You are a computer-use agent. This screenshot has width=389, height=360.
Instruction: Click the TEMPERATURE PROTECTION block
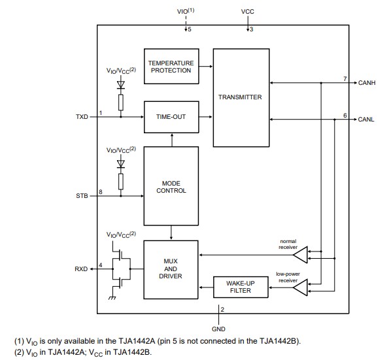click(x=171, y=67)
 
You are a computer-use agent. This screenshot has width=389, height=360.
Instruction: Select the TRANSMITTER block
click(x=240, y=97)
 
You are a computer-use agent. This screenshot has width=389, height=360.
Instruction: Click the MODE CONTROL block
click(x=171, y=186)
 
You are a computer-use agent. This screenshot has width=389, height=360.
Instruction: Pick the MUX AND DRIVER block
click(x=171, y=268)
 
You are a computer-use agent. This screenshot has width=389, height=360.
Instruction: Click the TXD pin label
click(x=82, y=117)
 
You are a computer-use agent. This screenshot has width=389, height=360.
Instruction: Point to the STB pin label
click(x=82, y=195)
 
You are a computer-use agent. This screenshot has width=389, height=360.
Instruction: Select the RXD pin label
click(x=82, y=269)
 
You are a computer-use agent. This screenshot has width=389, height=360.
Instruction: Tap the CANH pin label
click(x=366, y=83)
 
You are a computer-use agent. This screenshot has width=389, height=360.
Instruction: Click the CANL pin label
click(x=365, y=120)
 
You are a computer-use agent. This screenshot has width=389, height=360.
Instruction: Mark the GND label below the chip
click(x=218, y=329)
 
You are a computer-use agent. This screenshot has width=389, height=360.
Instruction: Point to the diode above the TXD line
click(x=120, y=84)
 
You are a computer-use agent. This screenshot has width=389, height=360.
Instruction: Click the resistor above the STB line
click(x=120, y=181)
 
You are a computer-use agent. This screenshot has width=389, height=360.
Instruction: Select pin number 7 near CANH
click(x=345, y=79)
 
